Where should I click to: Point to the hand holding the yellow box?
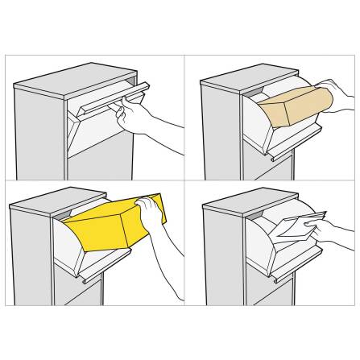[x=151, y=214]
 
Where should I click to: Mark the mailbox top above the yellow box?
[x=52, y=198]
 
